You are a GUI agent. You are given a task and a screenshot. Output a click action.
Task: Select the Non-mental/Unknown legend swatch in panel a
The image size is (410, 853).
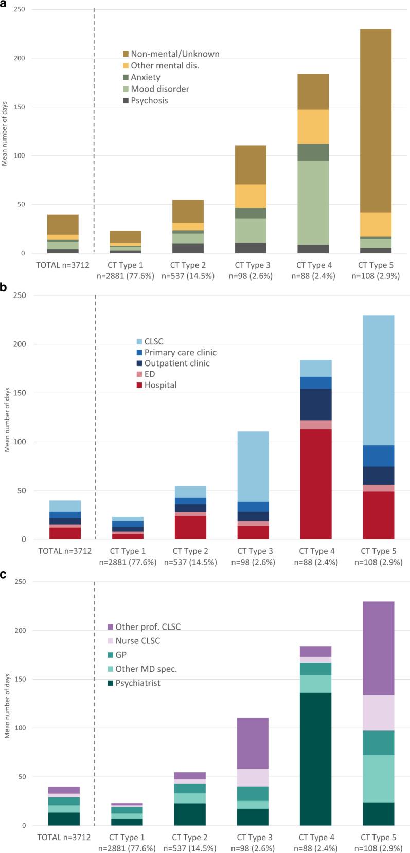(x=126, y=54)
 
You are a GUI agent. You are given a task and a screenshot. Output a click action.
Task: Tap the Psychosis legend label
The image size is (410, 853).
(x=149, y=101)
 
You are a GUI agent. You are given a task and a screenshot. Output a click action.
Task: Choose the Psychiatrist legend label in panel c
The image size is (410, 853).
(x=138, y=683)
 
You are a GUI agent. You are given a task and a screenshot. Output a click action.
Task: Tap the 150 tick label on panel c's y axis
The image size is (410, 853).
(x=21, y=680)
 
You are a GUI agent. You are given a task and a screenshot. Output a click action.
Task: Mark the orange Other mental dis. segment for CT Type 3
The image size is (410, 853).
(x=251, y=196)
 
